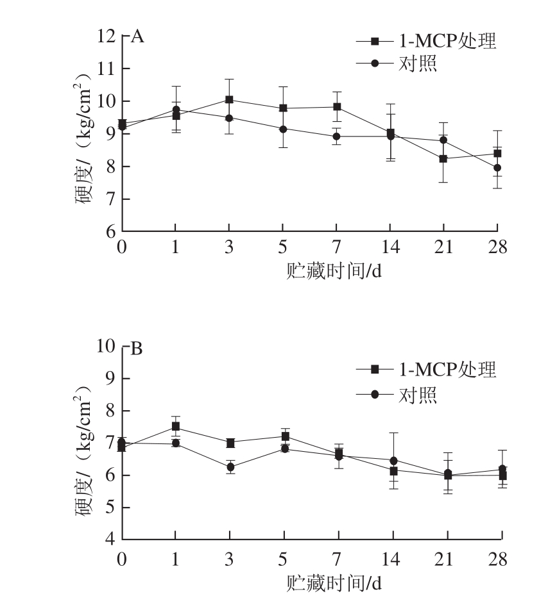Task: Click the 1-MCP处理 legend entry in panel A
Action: [x=427, y=42]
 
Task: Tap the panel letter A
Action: [x=137, y=37]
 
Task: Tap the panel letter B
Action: [x=137, y=350]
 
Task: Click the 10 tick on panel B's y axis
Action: [x=106, y=347]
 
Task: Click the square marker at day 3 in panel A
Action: [x=229, y=99]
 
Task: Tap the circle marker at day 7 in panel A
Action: [x=336, y=136]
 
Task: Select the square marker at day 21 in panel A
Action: [x=443, y=158]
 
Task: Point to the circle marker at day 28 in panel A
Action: [x=497, y=168]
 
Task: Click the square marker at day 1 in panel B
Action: [x=175, y=427]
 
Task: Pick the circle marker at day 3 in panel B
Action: [x=229, y=467]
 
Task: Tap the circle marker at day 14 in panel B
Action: [x=393, y=460]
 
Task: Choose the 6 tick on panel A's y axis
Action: [x=110, y=231]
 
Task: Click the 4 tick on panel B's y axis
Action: [x=110, y=540]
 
